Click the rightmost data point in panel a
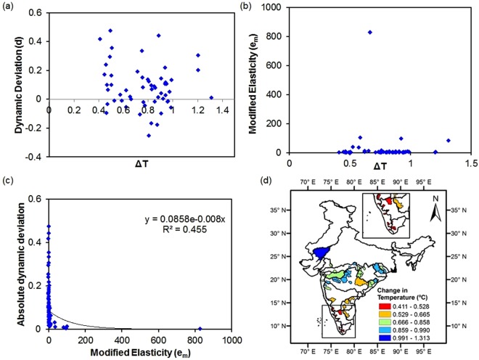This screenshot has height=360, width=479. (x=211, y=97)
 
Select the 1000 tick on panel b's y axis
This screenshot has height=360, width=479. (x=274, y=7)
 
